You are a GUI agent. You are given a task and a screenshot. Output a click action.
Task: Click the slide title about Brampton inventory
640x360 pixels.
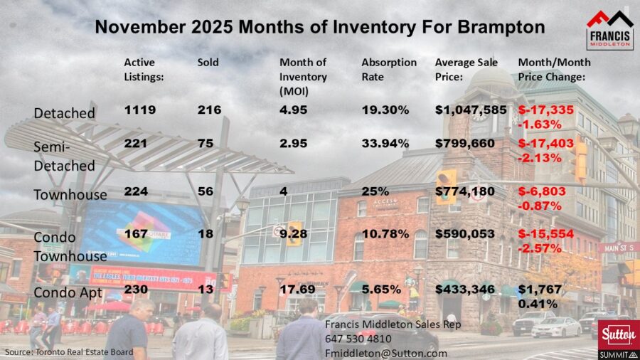320,28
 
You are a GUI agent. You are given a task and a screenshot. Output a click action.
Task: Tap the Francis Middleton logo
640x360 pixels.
609,30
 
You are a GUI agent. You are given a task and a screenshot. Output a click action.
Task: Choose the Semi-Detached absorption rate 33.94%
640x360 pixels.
385,143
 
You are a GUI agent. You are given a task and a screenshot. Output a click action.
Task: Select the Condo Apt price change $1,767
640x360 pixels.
540,290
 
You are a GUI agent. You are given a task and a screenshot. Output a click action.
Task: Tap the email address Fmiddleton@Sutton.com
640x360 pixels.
386,352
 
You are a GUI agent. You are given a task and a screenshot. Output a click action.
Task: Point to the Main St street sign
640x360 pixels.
617,248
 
